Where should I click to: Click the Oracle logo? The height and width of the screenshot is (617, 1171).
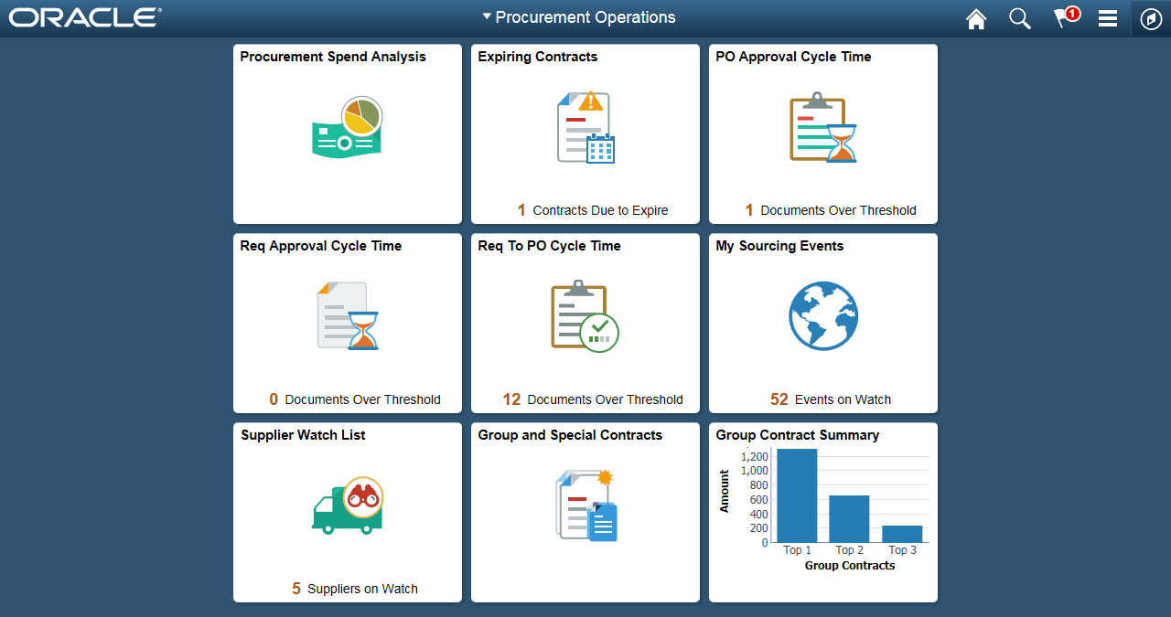(85, 17)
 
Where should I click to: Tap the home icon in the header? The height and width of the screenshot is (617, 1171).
(976, 18)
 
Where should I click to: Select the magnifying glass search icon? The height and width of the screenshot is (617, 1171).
(1019, 18)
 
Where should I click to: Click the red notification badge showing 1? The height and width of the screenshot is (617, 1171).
(1072, 14)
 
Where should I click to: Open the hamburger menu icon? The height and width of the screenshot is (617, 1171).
(1108, 18)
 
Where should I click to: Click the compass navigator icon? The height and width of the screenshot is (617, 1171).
(1151, 19)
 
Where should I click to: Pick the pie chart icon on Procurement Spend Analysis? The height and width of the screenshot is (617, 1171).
(361, 117)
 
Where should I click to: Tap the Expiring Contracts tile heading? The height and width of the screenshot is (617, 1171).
(538, 57)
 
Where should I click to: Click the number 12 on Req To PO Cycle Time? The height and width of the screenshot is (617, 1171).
(511, 399)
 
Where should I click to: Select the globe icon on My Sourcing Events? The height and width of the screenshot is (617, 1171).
(823, 315)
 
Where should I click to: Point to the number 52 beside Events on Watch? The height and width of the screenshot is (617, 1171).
(779, 399)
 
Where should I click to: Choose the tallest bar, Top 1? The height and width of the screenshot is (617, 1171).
(797, 495)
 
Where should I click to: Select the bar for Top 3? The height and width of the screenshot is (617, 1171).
(902, 534)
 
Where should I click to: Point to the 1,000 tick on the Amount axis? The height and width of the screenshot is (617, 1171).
(755, 471)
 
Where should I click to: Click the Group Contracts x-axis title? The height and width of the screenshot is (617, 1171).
(849, 566)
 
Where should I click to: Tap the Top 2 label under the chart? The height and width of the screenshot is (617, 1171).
(850, 550)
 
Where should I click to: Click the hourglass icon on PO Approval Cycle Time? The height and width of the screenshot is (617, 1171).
(841, 144)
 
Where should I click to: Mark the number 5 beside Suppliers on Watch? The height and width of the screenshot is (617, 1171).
(296, 589)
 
